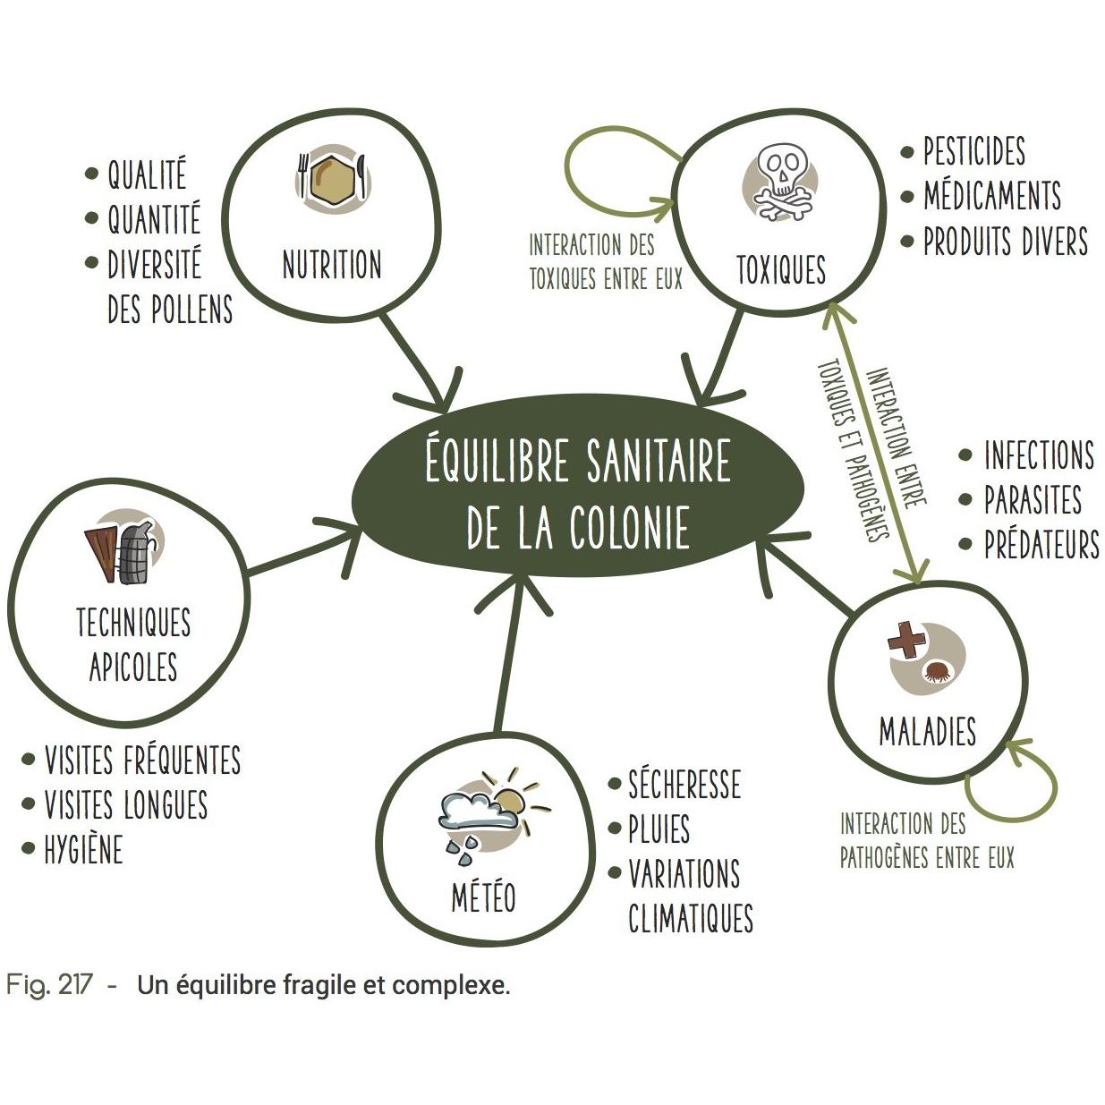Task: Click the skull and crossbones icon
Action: (x=782, y=182)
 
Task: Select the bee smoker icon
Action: (x=124, y=545)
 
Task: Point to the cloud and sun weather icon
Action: (x=492, y=815)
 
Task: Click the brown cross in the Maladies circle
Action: (x=906, y=639)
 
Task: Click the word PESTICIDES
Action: (x=973, y=151)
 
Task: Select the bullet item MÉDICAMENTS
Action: (x=992, y=196)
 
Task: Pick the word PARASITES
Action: (x=1033, y=499)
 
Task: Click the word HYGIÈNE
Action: (x=84, y=849)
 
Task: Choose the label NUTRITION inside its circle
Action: (x=332, y=264)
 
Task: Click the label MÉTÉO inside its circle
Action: (x=483, y=897)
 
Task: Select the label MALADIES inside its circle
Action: (x=928, y=731)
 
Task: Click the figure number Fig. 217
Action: (x=48, y=985)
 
